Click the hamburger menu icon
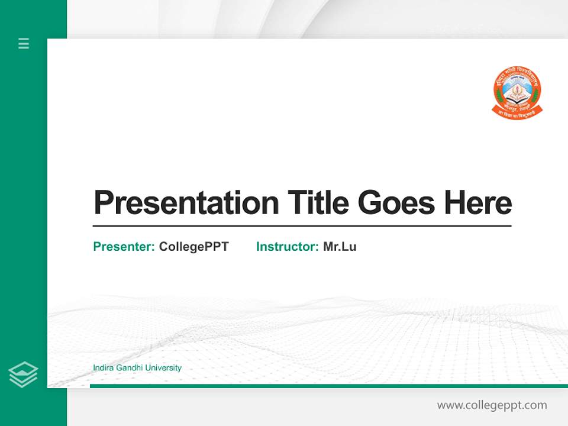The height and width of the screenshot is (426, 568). pyautogui.click(x=24, y=43)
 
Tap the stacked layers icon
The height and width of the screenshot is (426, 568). pyautogui.click(x=23, y=375)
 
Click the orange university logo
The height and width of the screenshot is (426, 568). pyautogui.click(x=517, y=91)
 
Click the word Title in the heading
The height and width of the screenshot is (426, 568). pyautogui.click(x=318, y=203)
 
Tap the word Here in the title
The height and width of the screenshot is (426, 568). pyautogui.click(x=477, y=203)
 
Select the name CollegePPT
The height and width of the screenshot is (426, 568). pyautogui.click(x=194, y=247)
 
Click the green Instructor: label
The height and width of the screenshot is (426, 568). pyautogui.click(x=288, y=247)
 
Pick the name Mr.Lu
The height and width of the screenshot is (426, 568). pyautogui.click(x=340, y=247)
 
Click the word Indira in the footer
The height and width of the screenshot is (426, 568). pyautogui.click(x=103, y=368)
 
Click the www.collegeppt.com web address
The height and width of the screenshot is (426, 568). pyautogui.click(x=492, y=405)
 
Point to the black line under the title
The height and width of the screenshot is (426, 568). pyautogui.click(x=302, y=226)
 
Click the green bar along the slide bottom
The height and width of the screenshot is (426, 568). pyautogui.click(x=328, y=386)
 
